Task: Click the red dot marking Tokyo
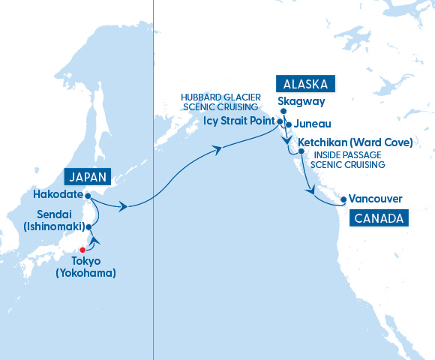click(83, 250)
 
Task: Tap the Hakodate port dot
click(88, 196)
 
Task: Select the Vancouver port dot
click(343, 199)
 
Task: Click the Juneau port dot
click(288, 124)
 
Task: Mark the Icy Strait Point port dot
click(280, 121)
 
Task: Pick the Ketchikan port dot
click(301, 151)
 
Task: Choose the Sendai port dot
click(88, 225)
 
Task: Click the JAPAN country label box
click(88, 177)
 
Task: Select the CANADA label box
click(378, 218)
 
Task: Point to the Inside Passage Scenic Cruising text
click(347, 160)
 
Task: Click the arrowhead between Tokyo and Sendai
click(94, 241)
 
